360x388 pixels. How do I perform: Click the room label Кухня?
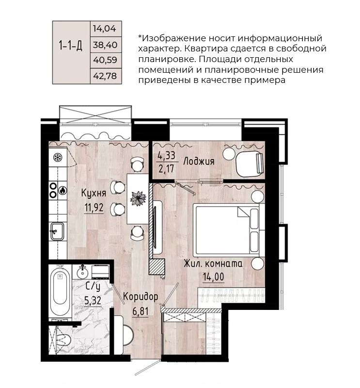tap(94, 193)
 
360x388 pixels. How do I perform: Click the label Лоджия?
tap(199, 162)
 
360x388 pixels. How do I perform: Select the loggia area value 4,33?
tap(166, 156)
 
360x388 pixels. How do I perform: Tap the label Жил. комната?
tap(213, 264)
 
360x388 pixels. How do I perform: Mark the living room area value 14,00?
tap(213, 279)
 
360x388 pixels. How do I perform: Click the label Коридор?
tap(140, 296)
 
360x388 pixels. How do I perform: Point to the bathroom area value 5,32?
tap(94, 301)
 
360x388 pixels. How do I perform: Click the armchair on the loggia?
tap(249, 162)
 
